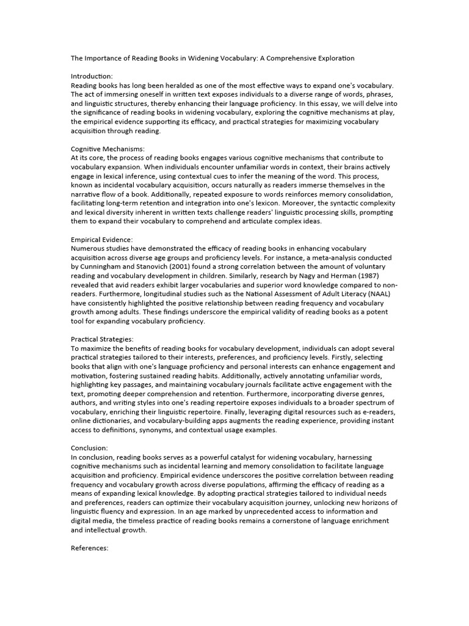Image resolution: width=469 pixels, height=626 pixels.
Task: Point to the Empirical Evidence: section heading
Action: pos(102,240)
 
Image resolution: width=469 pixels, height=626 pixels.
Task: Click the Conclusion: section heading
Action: pos(89,448)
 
